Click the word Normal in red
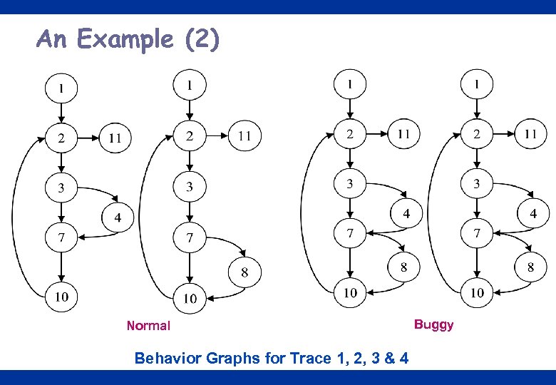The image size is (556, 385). (148, 326)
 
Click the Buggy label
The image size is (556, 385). (433, 325)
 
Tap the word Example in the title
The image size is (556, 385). (125, 38)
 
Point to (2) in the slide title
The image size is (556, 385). (202, 38)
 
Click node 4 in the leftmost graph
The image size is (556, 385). (118, 217)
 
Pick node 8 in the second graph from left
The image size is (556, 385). (244, 272)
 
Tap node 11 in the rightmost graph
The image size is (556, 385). (530, 133)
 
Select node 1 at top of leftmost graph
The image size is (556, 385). (61, 88)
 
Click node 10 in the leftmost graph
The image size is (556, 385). (61, 297)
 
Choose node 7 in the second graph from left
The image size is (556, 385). (190, 237)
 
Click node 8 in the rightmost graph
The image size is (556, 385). (530, 267)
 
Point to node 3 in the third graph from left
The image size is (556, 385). (350, 184)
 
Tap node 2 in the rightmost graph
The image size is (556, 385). (477, 134)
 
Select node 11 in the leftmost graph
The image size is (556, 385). (115, 137)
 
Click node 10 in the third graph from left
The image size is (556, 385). (350, 292)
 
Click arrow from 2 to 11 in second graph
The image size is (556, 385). (217, 135)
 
